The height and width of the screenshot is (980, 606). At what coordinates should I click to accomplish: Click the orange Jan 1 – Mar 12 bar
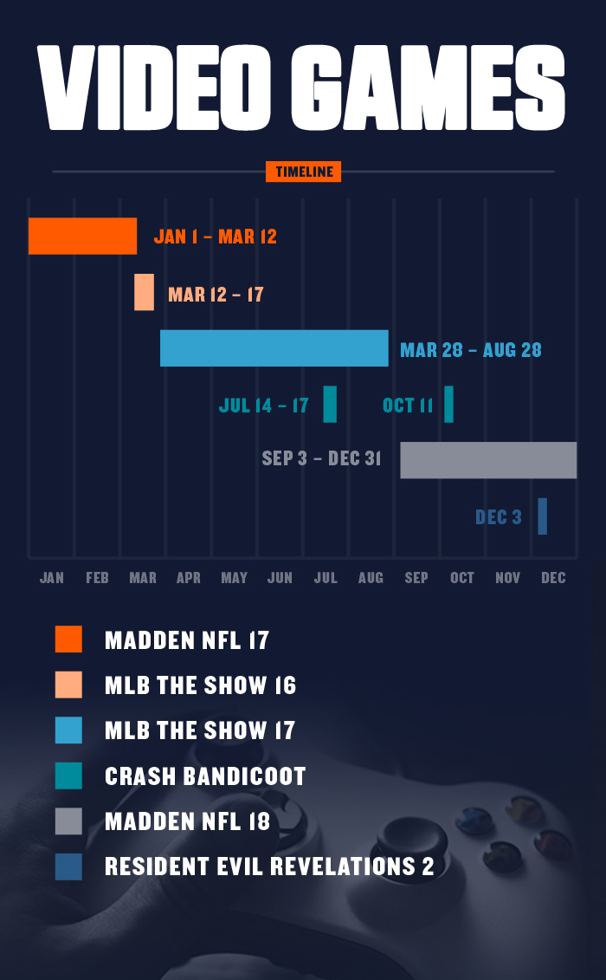[x=82, y=236]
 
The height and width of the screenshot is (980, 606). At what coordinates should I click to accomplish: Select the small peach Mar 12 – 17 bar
[x=144, y=292]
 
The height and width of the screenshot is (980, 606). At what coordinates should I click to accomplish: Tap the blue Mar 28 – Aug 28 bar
[x=274, y=348]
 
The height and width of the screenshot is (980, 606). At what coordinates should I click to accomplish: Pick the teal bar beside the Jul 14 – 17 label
[x=330, y=404]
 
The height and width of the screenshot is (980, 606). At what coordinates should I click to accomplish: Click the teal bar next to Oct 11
[x=448, y=404]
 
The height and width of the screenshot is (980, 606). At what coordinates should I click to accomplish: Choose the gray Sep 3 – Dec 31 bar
[x=488, y=460]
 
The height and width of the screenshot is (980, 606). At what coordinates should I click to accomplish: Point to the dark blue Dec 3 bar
[x=542, y=516]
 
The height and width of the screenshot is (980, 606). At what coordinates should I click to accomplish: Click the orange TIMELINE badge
[x=303, y=172]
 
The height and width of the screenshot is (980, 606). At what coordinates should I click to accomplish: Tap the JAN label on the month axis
[x=52, y=578]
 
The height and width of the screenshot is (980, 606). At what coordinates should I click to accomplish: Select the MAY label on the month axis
[x=234, y=578]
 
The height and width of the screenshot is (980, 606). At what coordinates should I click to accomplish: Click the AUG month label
[x=371, y=578]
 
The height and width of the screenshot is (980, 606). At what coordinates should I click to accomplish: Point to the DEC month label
[x=553, y=578]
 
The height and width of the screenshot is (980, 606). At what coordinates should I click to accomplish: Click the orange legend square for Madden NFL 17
[x=68, y=639]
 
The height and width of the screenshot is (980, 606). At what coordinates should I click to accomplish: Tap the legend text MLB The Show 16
[x=200, y=685]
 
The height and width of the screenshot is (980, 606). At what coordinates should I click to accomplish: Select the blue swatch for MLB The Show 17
[x=68, y=730]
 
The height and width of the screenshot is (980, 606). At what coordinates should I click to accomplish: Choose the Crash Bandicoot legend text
[x=205, y=776]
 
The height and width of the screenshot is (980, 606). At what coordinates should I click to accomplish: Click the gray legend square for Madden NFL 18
[x=68, y=821]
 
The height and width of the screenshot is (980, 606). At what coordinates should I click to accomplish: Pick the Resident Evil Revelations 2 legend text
[x=269, y=866]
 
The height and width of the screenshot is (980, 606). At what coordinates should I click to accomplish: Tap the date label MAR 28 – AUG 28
[x=471, y=350]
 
